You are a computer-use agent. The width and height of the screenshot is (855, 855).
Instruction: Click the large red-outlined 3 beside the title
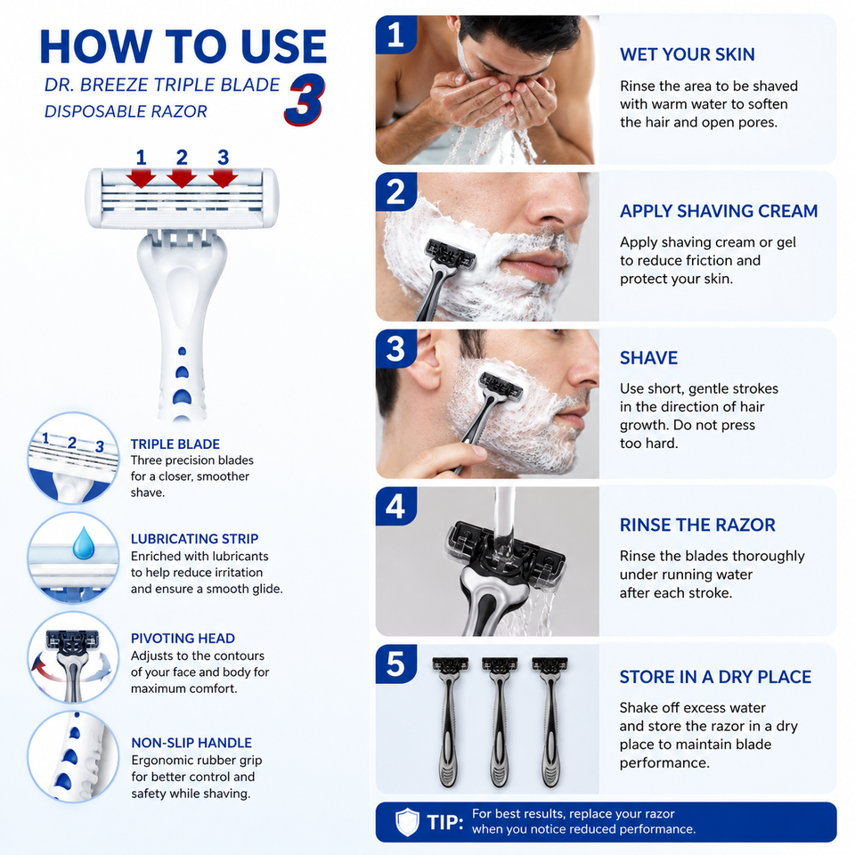305,100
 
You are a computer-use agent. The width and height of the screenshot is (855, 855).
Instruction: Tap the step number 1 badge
395,35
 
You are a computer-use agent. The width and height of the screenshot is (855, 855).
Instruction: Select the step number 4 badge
395,506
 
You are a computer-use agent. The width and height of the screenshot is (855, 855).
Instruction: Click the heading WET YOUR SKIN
687,54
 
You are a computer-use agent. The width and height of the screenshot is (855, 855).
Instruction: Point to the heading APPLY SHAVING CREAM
719,211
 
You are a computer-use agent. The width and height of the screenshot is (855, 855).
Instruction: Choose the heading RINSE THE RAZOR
697,525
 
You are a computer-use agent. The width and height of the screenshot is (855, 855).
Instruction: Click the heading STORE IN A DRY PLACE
715,677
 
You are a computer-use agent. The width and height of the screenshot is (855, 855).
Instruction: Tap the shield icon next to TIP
407,822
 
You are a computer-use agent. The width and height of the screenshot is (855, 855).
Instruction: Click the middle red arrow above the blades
182,178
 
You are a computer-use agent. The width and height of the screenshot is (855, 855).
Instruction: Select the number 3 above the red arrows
223,158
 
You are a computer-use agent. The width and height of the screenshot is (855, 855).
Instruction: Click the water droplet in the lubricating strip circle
84,543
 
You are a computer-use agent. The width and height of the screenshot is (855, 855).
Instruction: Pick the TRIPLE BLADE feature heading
175,444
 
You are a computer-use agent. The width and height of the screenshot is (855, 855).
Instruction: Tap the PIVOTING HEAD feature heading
183,638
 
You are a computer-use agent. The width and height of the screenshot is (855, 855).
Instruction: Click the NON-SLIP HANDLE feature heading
191,743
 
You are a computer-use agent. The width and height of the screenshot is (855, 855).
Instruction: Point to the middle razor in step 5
499,721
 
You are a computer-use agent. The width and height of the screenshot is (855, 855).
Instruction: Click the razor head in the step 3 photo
500,386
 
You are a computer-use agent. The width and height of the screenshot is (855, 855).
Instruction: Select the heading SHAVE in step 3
649,358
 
